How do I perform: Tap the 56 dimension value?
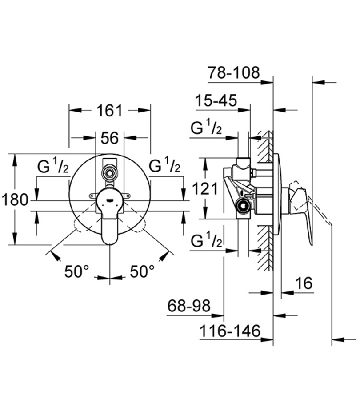click(x=110, y=138)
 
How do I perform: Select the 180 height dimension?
click(x=15, y=200)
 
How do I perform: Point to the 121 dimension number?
click(x=205, y=188)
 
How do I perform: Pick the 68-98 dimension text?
click(x=189, y=306)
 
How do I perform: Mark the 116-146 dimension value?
click(x=230, y=331)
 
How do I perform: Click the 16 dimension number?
click(x=304, y=283)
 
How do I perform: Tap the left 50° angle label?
click(x=77, y=271)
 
